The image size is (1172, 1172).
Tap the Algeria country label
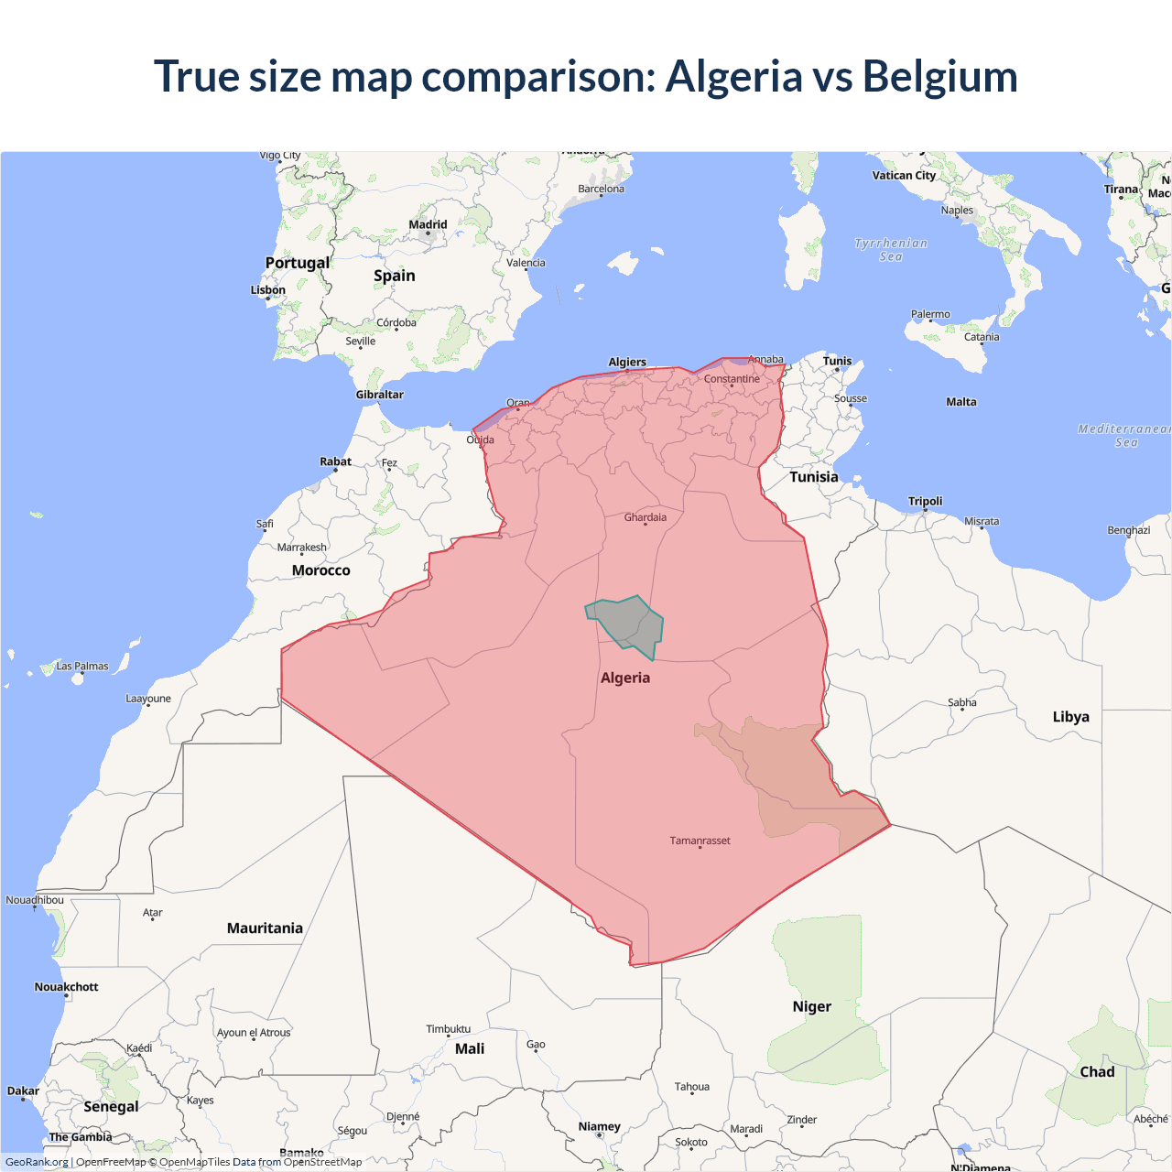coord(625,678)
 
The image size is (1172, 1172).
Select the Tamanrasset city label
coord(700,841)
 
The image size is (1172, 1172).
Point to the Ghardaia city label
coord(646,517)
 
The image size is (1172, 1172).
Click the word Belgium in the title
coord(939,76)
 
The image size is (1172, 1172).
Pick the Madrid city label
coord(428,224)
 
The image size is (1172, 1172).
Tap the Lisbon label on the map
coord(268,290)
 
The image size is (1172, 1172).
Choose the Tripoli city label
coord(925,501)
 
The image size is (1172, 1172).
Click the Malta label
coord(961,402)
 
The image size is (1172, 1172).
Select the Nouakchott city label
coord(66,987)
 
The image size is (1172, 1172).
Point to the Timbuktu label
coord(448,1029)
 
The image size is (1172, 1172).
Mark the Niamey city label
coord(599,1126)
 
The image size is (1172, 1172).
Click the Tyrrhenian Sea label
coord(891,250)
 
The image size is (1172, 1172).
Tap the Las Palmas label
coord(82,667)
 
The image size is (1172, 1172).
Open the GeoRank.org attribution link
coord(37,1162)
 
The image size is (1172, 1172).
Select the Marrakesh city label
coord(302,548)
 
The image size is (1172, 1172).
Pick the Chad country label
coord(1097,1072)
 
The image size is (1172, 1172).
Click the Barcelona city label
coord(601,189)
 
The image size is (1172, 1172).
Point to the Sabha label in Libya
coord(961,703)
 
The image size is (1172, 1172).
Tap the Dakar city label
coord(23,1091)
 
